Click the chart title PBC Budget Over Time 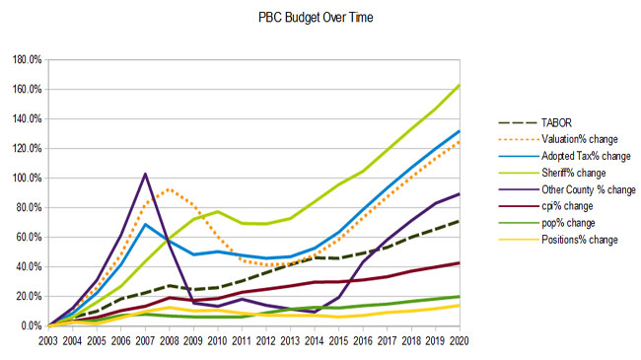point(316,18)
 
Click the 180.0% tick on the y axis point(28,60)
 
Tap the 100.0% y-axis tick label point(28,178)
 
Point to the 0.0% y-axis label point(32,326)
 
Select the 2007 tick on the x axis point(145,340)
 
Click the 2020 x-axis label point(460,340)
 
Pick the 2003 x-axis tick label point(48,340)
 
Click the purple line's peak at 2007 point(145,175)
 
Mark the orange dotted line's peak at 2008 point(170,189)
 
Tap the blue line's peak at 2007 point(145,224)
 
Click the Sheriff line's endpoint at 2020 point(460,86)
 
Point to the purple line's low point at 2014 point(315,312)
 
